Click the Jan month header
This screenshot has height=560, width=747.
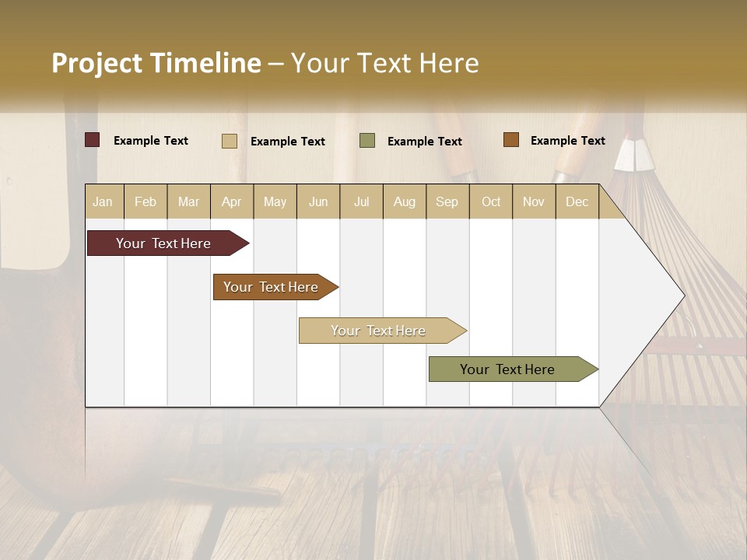(103, 201)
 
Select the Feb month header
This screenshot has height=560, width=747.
(146, 201)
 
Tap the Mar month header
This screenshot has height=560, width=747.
(188, 201)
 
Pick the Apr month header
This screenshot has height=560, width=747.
(232, 201)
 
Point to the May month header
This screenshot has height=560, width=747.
(275, 201)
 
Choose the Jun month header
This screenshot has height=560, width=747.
(318, 201)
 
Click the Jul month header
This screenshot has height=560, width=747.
(361, 201)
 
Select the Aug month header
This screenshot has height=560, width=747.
(405, 201)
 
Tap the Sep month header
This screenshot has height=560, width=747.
(447, 201)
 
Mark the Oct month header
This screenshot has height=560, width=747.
(491, 201)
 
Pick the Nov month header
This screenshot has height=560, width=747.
(534, 201)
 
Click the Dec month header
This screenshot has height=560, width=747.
(577, 201)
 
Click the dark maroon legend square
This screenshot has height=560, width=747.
(92, 140)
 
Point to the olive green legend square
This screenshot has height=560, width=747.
(367, 141)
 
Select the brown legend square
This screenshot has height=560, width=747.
(511, 140)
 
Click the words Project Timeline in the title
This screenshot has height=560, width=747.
(156, 63)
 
